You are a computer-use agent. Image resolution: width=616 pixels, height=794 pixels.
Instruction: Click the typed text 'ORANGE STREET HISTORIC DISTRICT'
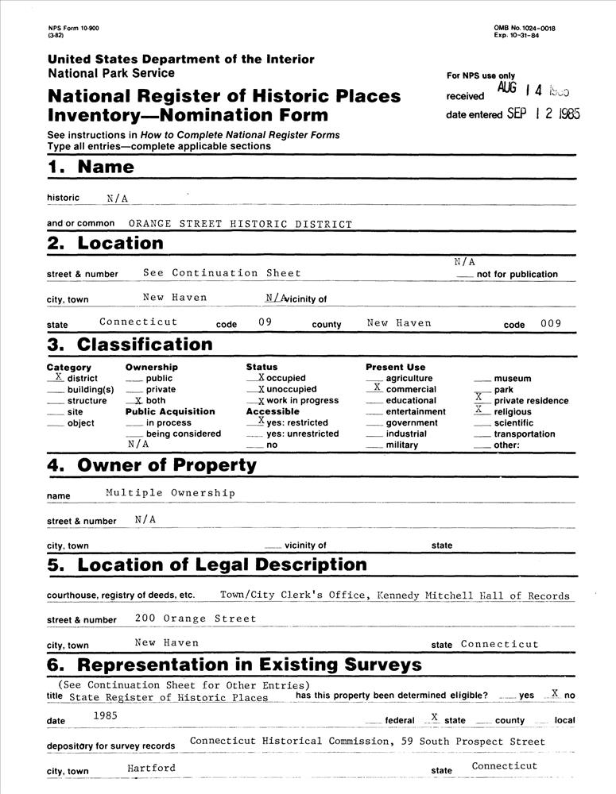pos(239,225)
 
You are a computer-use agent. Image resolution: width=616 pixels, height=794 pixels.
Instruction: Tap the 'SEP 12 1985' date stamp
pos(544,114)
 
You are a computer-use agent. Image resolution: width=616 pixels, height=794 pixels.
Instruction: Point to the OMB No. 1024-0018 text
pos(525,29)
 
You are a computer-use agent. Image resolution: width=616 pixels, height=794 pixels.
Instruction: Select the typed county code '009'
pos(549,323)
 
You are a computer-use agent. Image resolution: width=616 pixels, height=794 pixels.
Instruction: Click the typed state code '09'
pos(265,323)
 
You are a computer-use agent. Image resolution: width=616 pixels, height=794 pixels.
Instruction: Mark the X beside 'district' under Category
pos(59,377)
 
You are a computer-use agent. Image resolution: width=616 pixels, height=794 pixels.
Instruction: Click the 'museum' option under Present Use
pos(512,379)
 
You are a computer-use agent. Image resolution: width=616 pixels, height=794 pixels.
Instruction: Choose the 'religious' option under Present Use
pos(512,412)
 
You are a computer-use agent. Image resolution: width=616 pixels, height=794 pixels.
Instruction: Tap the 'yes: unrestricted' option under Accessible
pos(302,434)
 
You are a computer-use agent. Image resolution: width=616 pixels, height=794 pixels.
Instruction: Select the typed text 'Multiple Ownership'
pos(170,493)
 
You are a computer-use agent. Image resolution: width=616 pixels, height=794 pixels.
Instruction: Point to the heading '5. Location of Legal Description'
pos(207,565)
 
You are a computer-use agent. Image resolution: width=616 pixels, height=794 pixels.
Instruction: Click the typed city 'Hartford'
pos(151,768)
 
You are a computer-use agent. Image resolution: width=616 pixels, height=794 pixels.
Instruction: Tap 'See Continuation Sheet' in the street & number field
pos(222,273)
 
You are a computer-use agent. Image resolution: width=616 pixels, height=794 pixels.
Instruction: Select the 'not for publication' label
pos(517,275)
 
